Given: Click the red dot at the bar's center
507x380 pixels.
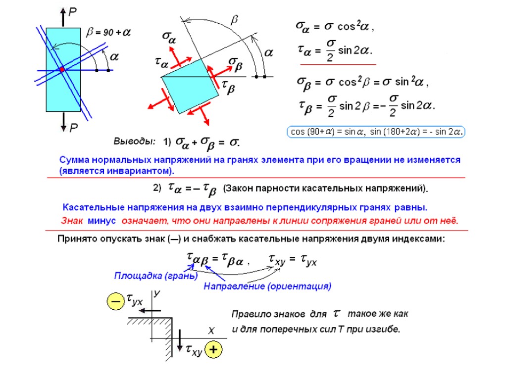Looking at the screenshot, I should click(x=62, y=70).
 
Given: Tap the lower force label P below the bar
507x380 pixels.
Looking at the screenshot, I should click(x=73, y=129).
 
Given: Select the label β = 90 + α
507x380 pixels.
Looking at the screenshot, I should click(x=108, y=33).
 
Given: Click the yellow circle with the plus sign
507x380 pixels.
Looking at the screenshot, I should click(x=213, y=349).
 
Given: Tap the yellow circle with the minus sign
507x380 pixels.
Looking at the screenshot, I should click(x=115, y=301).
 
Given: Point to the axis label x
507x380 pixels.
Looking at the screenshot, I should click(x=210, y=330).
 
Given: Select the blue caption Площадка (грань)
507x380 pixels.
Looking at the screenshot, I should click(x=155, y=275).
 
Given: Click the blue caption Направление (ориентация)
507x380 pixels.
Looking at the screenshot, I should click(x=267, y=286).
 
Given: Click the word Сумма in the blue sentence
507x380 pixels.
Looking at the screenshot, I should click(x=75, y=160).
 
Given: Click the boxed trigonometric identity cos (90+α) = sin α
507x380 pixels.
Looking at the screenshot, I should click(x=327, y=132).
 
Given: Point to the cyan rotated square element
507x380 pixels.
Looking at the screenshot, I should click(x=190, y=87).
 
